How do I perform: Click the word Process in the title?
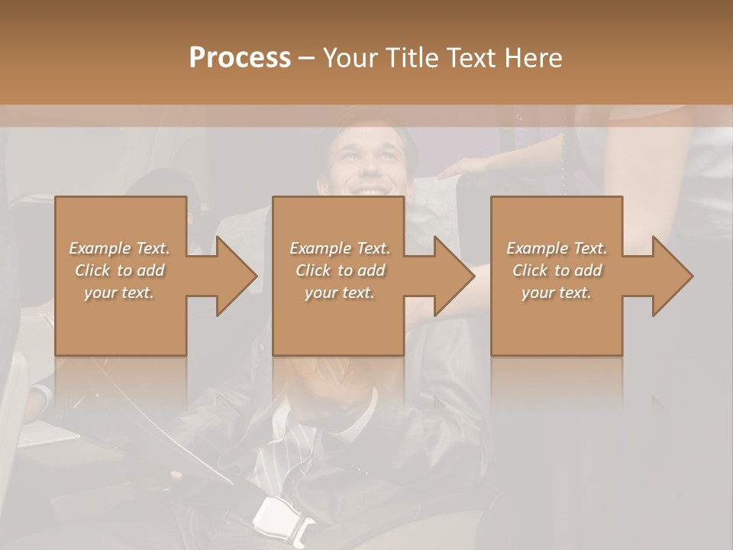tap(240, 58)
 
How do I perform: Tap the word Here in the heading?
tap(534, 58)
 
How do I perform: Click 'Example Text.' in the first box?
tap(120, 248)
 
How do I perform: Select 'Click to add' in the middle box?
tap(340, 270)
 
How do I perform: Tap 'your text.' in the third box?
tap(557, 293)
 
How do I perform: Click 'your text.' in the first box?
tap(120, 293)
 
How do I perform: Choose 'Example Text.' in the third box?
tap(557, 248)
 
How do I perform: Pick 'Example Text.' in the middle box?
tap(340, 248)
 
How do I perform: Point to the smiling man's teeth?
tap(370, 191)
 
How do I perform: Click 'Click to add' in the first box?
tap(120, 270)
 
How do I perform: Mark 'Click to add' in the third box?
tap(557, 270)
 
